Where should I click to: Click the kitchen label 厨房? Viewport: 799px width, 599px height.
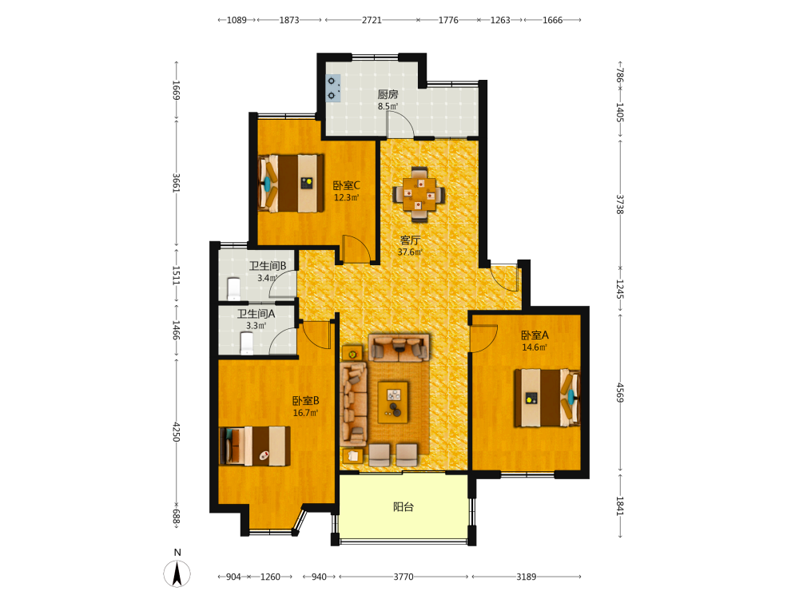pos(388,94)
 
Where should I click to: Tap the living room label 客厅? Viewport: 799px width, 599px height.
pos(410,240)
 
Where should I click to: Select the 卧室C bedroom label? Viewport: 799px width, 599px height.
pos(347,185)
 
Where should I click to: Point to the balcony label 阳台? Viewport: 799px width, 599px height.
pos(403,507)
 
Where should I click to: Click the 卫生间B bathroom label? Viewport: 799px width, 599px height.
pos(268,266)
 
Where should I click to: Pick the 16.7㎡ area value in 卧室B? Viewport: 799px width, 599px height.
pos(306,413)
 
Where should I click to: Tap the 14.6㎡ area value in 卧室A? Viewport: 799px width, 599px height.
pos(535,347)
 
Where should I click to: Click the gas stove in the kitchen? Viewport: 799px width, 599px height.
pos(332,88)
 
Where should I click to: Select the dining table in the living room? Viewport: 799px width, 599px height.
pos(419,194)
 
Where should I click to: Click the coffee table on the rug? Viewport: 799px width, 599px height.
pos(393,402)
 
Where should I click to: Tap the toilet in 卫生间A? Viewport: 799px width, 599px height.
pos(247,343)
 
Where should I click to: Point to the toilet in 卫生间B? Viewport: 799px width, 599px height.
pos(233,289)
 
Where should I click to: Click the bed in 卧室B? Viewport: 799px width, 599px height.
pos(255,446)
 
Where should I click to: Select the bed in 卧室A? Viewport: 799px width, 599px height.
pos(547,398)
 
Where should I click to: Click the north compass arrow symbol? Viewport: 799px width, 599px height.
pos(177,573)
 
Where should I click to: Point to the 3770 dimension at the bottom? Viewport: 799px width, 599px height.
pos(403,577)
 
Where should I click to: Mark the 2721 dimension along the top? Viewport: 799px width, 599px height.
pos(372,20)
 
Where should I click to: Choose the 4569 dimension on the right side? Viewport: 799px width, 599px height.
pos(620,393)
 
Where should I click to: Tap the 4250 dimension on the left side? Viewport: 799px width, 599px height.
pos(177,431)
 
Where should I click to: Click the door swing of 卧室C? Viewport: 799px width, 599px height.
pos(356,249)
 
